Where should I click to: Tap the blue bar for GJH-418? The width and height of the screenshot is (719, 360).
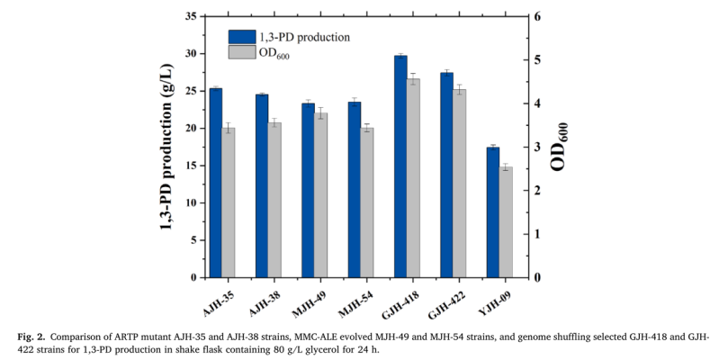click(x=400, y=166)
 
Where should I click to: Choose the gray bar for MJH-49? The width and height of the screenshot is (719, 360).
click(x=321, y=194)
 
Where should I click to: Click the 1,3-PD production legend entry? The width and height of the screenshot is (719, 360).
click(x=289, y=37)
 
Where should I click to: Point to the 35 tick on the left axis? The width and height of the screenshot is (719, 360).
click(x=191, y=16)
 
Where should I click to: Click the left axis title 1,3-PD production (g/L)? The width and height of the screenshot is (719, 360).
click(x=167, y=147)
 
